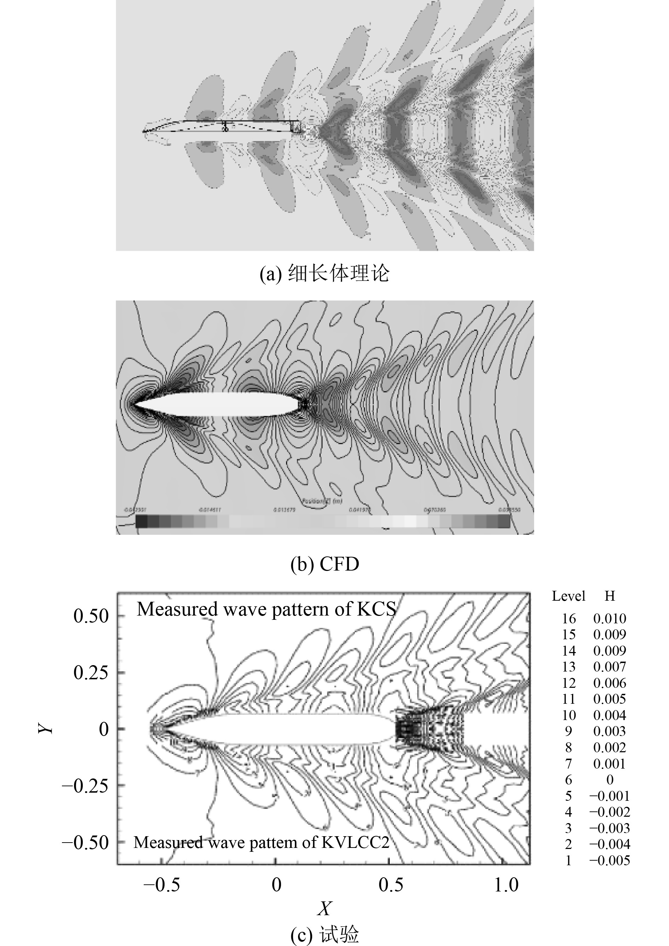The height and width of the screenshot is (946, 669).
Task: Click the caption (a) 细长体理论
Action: (325, 274)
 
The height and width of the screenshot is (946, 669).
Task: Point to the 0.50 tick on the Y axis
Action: (91, 616)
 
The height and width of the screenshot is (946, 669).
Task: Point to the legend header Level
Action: (568, 596)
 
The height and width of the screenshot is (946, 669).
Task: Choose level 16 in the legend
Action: (569, 618)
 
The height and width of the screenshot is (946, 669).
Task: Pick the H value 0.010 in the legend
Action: (610, 618)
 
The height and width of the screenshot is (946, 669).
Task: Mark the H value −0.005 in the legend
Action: (610, 860)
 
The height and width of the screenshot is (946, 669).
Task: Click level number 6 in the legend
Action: (569, 780)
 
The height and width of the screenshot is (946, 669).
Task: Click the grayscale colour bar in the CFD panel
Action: (322, 521)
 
